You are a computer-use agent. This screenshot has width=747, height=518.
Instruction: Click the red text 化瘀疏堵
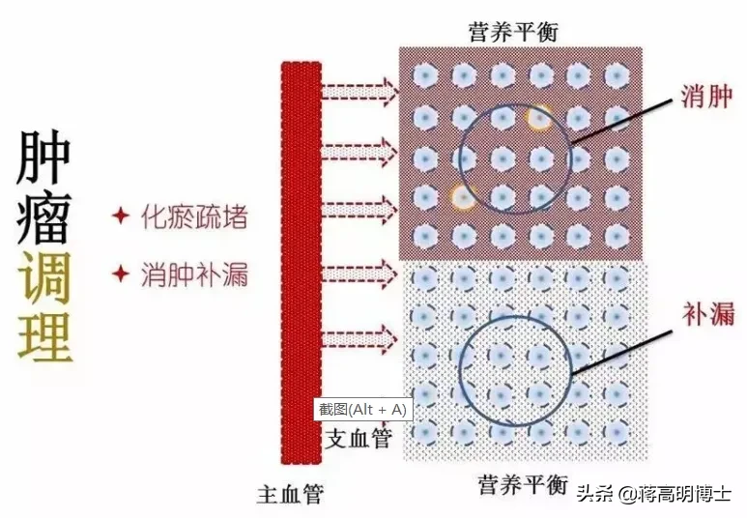click(193, 216)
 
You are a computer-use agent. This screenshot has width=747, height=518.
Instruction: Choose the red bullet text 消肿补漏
click(193, 274)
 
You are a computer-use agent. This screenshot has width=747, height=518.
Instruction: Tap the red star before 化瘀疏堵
click(121, 216)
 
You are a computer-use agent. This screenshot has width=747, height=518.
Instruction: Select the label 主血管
click(291, 494)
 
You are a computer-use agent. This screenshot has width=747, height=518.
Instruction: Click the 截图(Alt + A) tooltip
click(363, 409)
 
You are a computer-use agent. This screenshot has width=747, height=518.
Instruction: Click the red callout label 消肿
click(706, 98)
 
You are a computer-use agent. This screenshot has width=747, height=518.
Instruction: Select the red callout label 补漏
click(706, 313)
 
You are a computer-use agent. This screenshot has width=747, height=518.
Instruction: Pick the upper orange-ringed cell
click(539, 118)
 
